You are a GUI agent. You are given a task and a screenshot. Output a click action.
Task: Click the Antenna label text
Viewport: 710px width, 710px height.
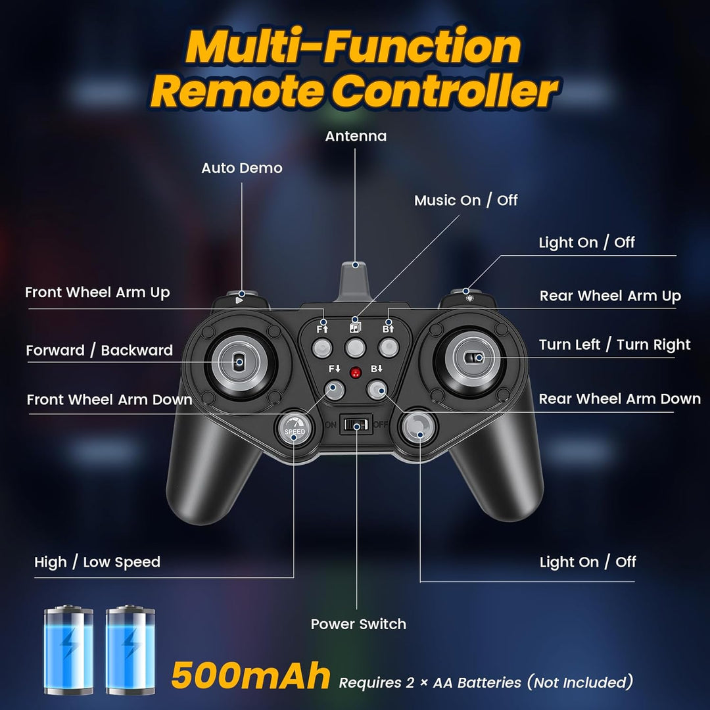pyautogui.click(x=356, y=136)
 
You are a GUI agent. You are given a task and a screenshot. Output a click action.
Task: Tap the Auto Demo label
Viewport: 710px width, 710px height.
pyautogui.click(x=242, y=168)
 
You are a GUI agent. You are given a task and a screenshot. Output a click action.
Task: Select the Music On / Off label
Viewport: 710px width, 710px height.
pyautogui.click(x=466, y=200)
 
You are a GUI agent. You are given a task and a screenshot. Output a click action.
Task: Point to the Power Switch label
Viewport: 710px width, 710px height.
pyautogui.click(x=358, y=624)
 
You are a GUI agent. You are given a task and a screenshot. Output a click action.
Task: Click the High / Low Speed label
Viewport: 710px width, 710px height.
pyautogui.click(x=97, y=562)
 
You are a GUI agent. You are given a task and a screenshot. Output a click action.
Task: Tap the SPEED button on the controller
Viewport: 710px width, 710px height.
pyautogui.click(x=295, y=429)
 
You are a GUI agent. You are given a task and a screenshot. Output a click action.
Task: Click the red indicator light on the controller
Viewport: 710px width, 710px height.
pyautogui.click(x=356, y=373)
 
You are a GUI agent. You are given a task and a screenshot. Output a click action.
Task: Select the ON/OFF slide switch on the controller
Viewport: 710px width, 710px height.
pyautogui.click(x=356, y=424)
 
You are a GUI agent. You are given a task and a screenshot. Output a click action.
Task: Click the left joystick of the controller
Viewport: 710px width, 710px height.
pyautogui.click(x=241, y=361)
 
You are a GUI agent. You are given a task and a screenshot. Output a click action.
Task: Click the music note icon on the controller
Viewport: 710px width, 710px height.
pyautogui.click(x=355, y=327)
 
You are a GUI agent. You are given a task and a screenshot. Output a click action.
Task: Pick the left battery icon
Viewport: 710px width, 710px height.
pyautogui.click(x=69, y=650)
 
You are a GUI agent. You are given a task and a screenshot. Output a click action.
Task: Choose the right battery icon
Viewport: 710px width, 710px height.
pyautogui.click(x=130, y=650)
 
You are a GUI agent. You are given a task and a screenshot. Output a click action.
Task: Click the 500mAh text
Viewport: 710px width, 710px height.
pyautogui.click(x=250, y=676)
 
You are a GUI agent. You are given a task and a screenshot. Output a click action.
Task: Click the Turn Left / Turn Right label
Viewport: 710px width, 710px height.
pyautogui.click(x=615, y=345)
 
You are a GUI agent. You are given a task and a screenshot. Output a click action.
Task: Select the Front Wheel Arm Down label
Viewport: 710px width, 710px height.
pyautogui.click(x=110, y=400)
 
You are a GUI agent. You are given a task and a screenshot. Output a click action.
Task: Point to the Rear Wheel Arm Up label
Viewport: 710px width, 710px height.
pyautogui.click(x=610, y=296)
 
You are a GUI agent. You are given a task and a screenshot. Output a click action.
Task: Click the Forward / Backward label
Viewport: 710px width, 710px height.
pyautogui.click(x=100, y=350)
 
